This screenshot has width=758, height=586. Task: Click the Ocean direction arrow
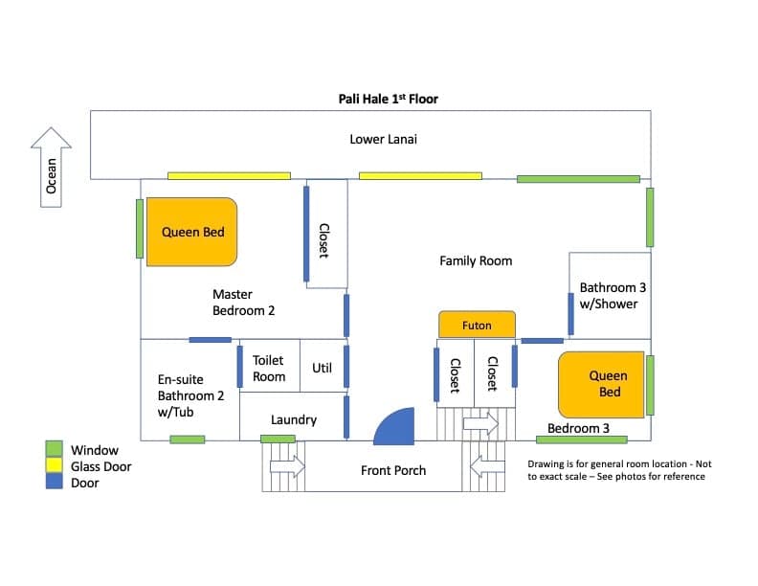coord(52,168)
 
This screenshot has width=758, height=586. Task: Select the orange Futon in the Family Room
coord(477,325)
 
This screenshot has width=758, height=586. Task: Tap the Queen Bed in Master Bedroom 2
coord(192,232)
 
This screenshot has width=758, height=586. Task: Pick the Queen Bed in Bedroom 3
coord(601,384)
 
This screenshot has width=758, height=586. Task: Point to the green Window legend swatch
coord(55,449)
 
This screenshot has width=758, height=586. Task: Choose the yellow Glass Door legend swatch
coord(55,465)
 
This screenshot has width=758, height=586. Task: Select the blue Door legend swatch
coord(55,482)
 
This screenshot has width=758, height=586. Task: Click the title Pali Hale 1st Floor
coord(389,100)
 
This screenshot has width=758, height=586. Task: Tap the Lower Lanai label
coord(384,139)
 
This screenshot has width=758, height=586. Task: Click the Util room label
coord(322,368)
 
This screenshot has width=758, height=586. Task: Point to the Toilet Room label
coord(269,369)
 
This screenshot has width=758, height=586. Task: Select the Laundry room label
coord(294,419)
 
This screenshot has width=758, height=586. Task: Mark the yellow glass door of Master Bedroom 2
coord(229,176)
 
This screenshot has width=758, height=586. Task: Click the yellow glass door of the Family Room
coord(420,176)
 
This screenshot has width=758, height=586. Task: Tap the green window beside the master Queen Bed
coord(140,229)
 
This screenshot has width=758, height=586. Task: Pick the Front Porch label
coord(393,470)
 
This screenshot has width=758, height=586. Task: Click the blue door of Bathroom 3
coord(571,314)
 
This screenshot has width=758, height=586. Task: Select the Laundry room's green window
coord(278,439)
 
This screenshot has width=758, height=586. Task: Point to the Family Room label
coord(476,261)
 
